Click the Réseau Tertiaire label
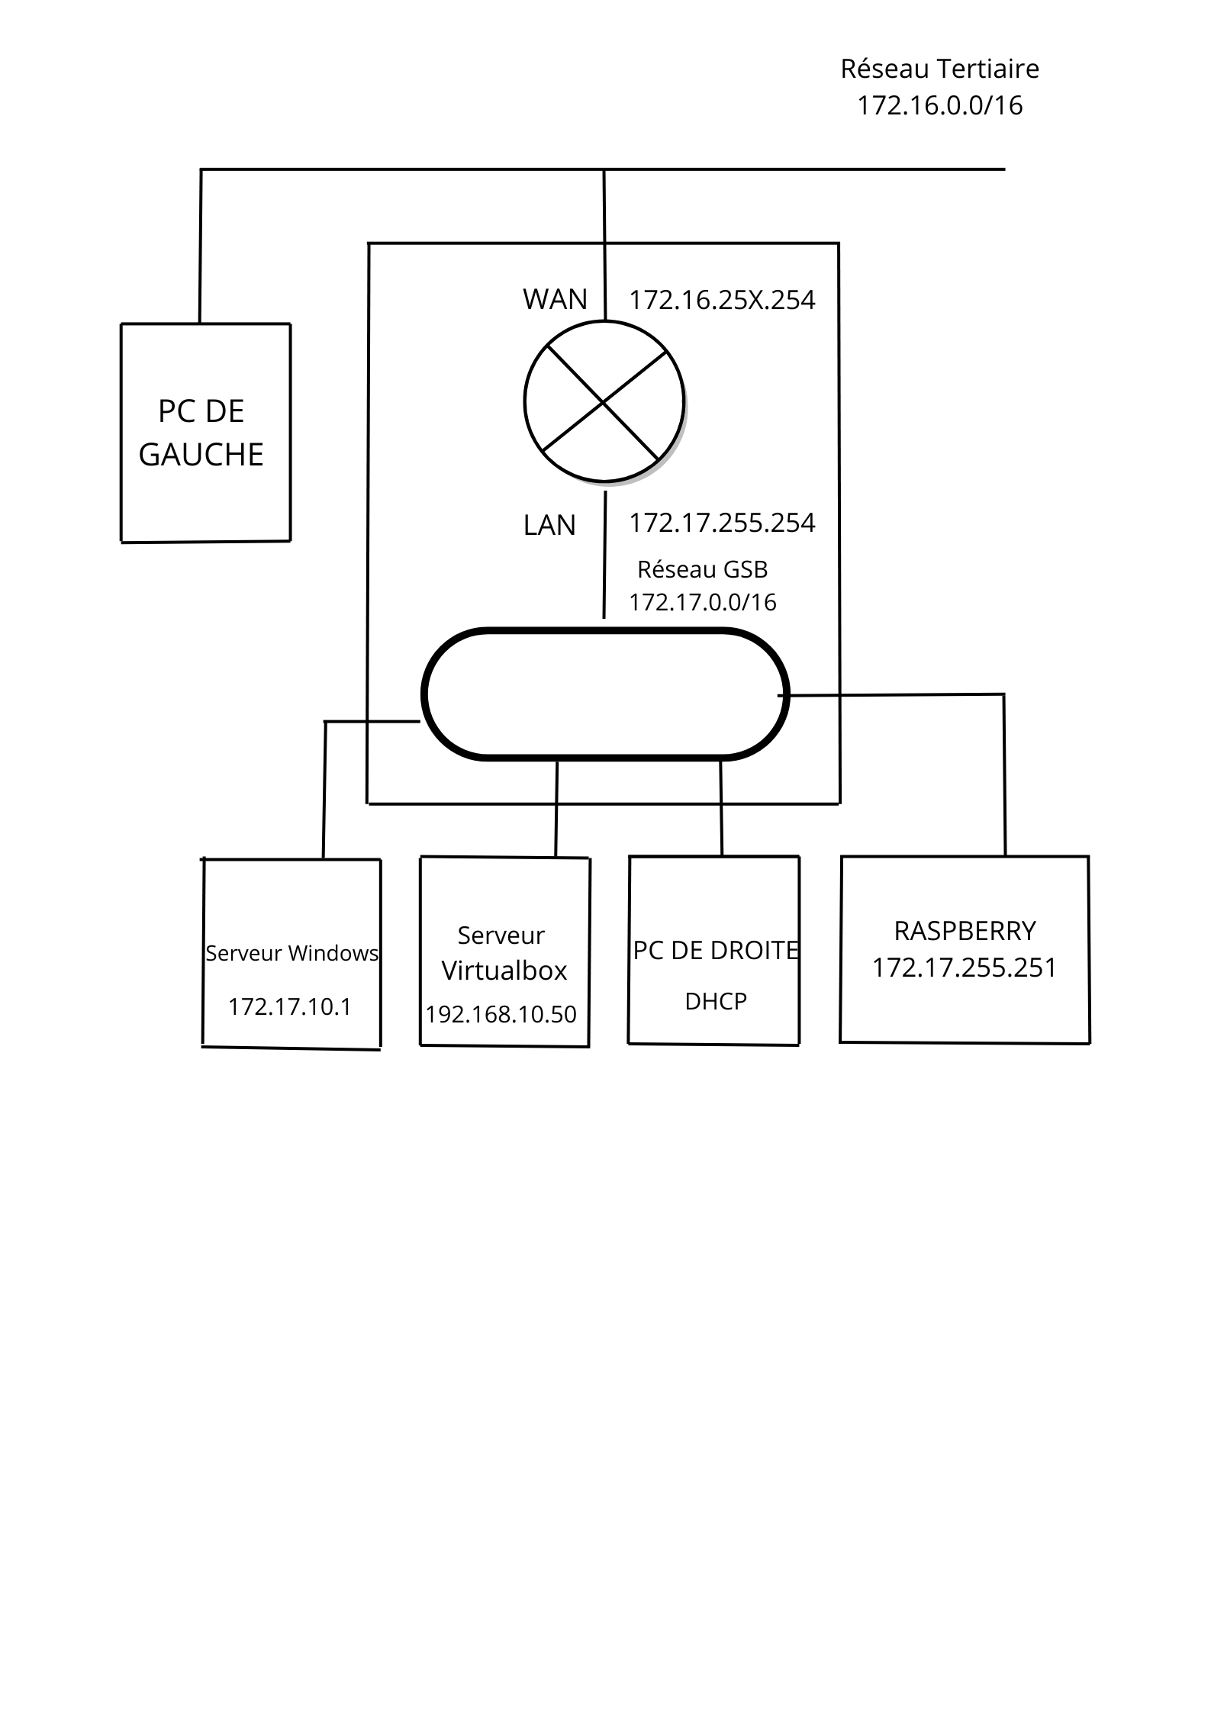click(939, 69)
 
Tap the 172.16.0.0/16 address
click(939, 105)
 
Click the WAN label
click(555, 299)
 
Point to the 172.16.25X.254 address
click(722, 300)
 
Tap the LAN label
click(549, 526)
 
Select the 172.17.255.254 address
click(722, 523)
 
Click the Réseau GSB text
click(702, 569)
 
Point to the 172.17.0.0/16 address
click(702, 602)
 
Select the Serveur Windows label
click(291, 953)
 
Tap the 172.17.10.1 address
click(290, 1007)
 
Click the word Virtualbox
click(504, 971)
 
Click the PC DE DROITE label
click(716, 951)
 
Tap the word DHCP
click(716, 1002)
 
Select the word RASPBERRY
click(965, 931)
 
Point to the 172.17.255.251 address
click(965, 968)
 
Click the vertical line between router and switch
click(605, 555)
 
